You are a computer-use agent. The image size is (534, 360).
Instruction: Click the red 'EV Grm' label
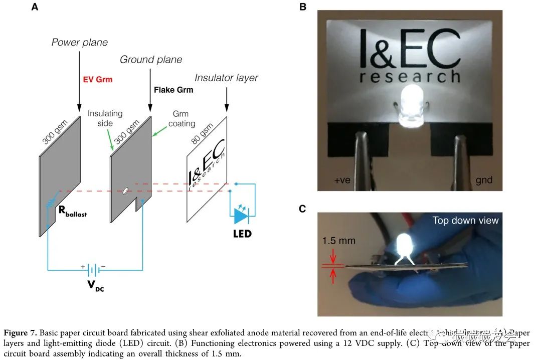click(97, 79)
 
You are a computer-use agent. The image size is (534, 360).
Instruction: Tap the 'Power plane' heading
click(79, 43)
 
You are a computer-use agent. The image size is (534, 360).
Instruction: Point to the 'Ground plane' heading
click(150, 60)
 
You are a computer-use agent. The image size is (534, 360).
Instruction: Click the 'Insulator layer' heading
click(226, 78)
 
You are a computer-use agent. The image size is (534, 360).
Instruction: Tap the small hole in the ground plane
click(125, 191)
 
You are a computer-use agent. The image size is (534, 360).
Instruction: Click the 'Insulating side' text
click(105, 118)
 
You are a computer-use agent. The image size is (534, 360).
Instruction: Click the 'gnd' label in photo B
click(483, 179)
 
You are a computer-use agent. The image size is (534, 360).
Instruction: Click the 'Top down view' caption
click(465, 221)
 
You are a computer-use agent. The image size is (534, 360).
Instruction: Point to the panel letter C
click(302, 209)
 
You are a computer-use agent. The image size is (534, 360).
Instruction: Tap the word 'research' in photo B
click(410, 77)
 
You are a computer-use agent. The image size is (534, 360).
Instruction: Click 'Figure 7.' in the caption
click(20, 333)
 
